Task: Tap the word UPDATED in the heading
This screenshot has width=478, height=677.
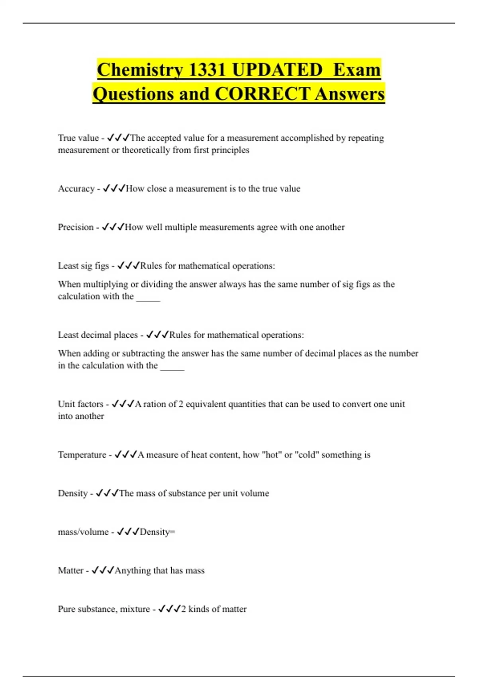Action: (x=277, y=70)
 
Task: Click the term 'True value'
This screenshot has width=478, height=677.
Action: (x=78, y=138)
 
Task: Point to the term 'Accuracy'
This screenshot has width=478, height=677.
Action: (x=76, y=188)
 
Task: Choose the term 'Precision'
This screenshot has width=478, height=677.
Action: (x=76, y=227)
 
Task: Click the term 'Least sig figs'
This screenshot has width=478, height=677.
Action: (x=83, y=266)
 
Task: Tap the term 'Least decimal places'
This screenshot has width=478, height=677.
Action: (x=98, y=335)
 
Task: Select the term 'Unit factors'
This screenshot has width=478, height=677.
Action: (x=80, y=404)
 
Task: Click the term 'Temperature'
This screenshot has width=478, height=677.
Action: (x=82, y=454)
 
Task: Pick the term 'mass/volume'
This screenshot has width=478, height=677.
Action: (x=83, y=532)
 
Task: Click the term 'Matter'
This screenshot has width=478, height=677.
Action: (x=71, y=570)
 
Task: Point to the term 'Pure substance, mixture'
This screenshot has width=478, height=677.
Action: (x=104, y=609)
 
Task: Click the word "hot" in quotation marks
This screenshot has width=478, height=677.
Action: (x=272, y=454)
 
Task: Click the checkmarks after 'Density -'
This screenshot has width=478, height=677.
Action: (x=107, y=493)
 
